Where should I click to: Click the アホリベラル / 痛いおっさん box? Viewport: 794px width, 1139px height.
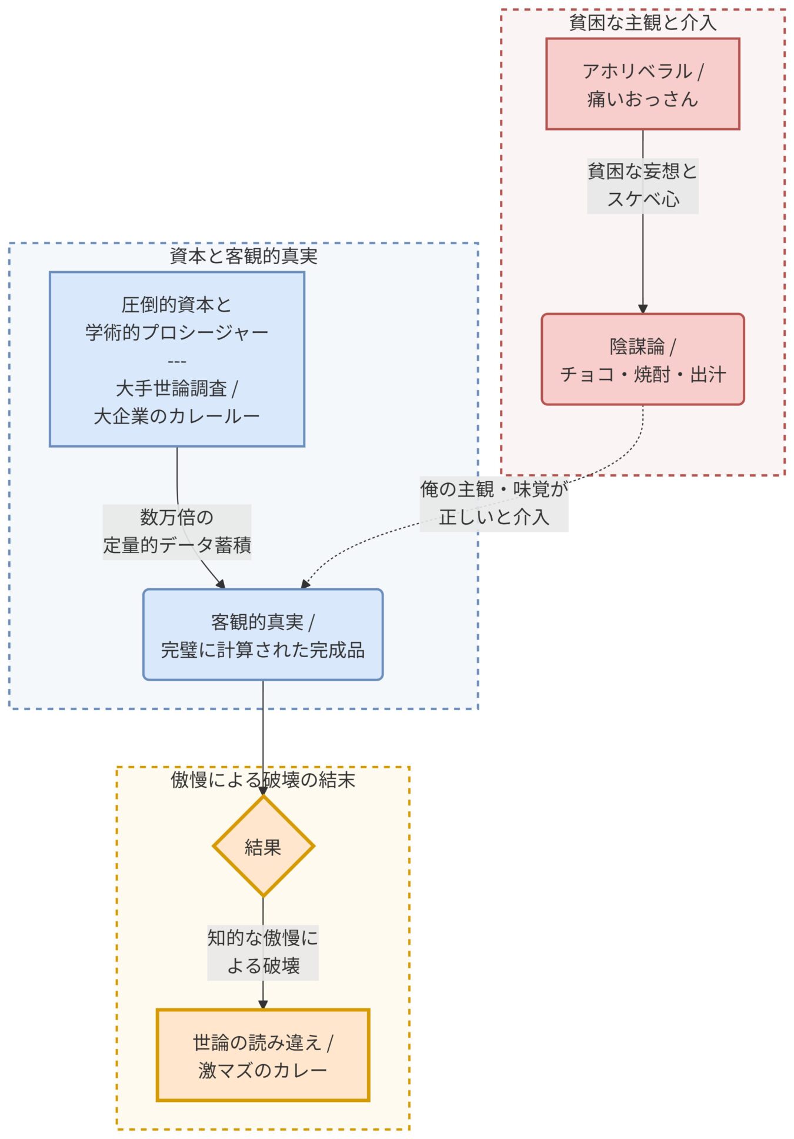pos(642,84)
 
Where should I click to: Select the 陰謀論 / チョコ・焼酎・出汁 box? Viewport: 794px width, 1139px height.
pos(642,359)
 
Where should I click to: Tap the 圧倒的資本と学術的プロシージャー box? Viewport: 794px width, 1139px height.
pos(176,359)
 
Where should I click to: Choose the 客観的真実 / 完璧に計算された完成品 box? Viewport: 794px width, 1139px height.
pos(262,635)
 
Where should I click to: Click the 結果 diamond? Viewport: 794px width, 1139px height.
pos(263,847)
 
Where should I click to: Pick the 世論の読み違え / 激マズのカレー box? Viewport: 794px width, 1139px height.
pos(262,1055)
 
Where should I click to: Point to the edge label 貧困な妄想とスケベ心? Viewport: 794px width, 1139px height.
pos(642,185)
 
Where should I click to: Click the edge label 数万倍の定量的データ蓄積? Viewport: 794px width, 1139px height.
pos(176,531)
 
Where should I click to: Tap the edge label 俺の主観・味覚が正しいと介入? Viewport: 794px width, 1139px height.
pos(493,503)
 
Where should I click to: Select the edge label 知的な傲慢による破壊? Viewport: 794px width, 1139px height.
pos(262,952)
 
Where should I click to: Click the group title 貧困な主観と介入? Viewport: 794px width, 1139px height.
pos(642,23)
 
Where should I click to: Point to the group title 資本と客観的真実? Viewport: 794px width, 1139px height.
pos(243,256)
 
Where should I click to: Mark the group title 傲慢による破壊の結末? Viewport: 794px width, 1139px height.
pos(262,780)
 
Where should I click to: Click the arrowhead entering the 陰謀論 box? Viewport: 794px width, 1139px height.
pos(642,309)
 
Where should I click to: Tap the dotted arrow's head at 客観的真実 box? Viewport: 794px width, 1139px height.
pos(305,584)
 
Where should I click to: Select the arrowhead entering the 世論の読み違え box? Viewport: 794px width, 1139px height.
pos(263,1004)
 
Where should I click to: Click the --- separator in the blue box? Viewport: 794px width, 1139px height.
pos(176,361)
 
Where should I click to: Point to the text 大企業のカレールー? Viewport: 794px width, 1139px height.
pos(176,417)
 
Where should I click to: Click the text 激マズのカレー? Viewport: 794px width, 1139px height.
pos(262,1070)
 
